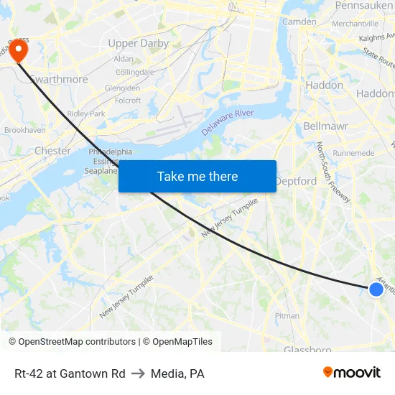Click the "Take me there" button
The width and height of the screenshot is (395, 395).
coord(197,176)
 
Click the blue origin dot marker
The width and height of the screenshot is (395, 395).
coord(376,289)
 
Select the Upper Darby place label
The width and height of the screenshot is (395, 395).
coord(138,43)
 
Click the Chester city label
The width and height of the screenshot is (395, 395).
coord(53,151)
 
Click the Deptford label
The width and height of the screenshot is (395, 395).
coord(296,181)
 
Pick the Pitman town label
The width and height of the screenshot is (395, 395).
coord(287,315)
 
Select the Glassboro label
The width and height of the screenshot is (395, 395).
coord(307,350)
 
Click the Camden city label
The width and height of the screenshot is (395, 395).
coord(299,22)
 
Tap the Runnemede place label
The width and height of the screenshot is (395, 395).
coord(353,153)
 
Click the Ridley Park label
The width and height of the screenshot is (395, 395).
coord(85,113)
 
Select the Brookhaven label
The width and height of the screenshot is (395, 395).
coord(24,130)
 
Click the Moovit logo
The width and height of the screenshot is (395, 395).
coord(352,373)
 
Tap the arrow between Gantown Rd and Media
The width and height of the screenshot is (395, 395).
coord(138,373)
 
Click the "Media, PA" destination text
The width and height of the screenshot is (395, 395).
coord(177,373)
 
